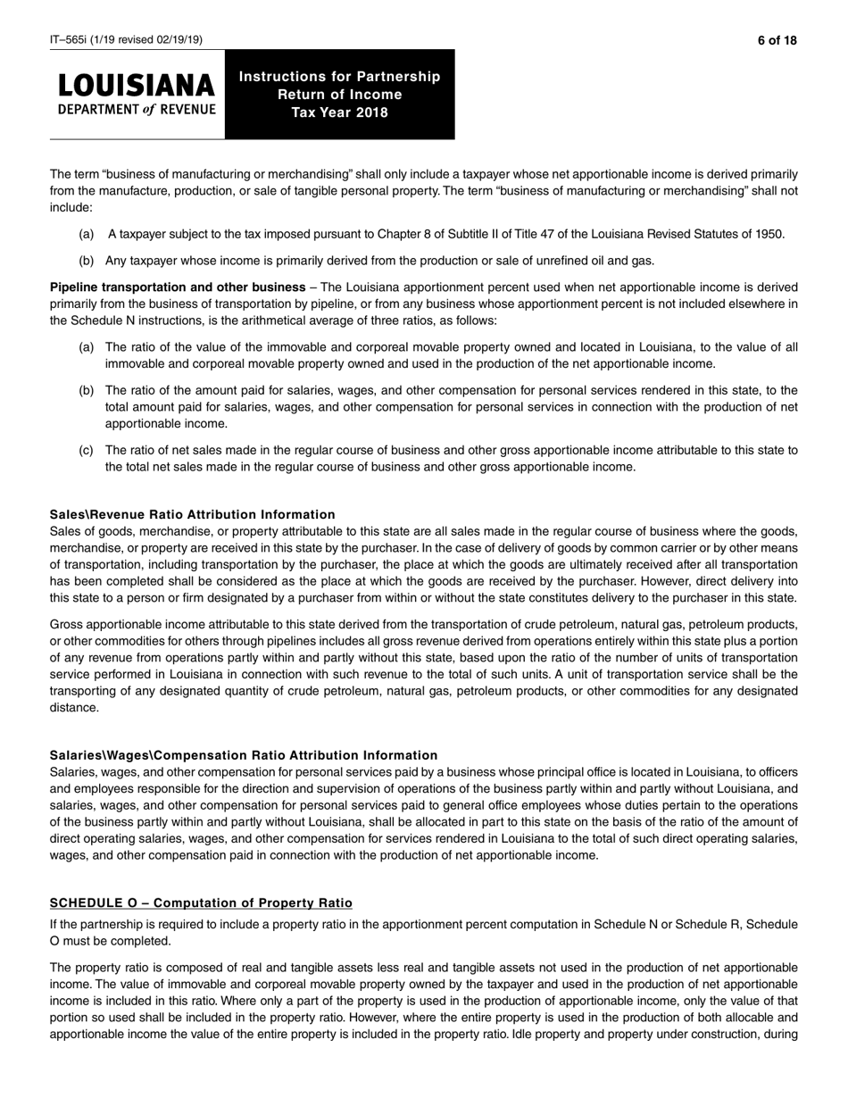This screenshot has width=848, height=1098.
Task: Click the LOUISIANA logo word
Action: [137, 86]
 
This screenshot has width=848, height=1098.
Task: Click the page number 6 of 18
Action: [777, 40]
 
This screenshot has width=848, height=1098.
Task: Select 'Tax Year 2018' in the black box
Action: [339, 112]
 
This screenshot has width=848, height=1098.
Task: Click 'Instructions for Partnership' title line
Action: [339, 77]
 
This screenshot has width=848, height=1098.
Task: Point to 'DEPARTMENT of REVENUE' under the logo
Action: [137, 110]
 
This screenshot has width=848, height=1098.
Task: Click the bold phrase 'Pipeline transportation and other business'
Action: [178, 287]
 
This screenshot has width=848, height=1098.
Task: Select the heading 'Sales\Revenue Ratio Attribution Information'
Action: [193, 515]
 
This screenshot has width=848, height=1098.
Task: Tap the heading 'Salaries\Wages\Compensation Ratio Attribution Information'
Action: [244, 755]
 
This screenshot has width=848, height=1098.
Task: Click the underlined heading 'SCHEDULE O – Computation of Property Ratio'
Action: [201, 903]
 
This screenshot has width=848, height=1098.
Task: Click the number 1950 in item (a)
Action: [769, 235]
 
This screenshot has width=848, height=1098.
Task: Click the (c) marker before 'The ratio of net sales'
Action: [87, 450]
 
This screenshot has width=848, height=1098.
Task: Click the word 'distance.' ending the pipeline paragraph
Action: [74, 707]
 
